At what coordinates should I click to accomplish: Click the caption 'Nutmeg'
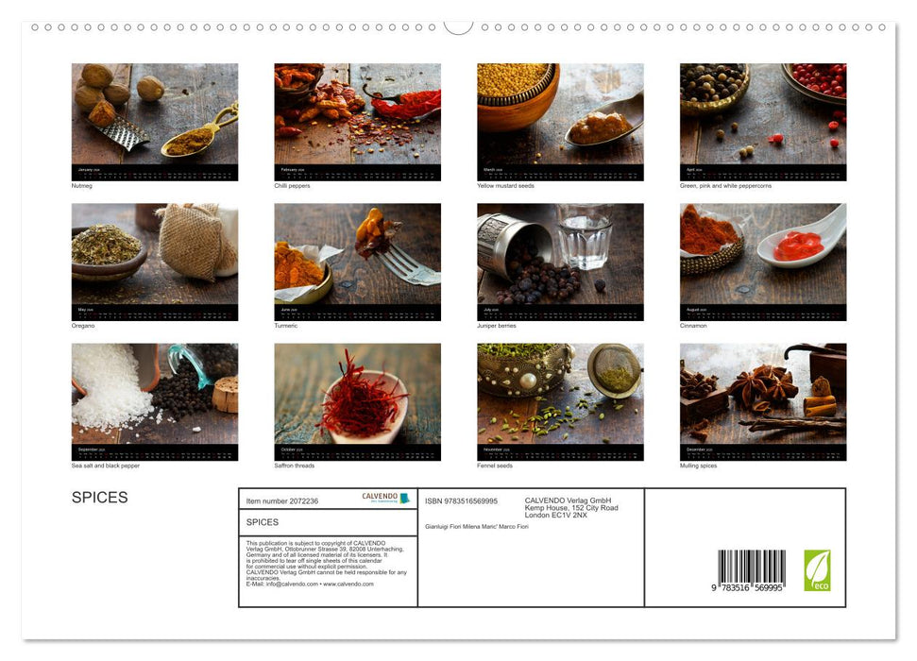(x=82, y=186)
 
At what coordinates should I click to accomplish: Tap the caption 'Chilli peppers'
(x=292, y=186)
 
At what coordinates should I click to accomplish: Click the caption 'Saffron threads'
(x=295, y=466)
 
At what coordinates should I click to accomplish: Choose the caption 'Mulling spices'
(x=700, y=466)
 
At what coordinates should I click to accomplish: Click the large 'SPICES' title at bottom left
(x=99, y=498)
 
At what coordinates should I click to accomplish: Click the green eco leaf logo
(x=817, y=570)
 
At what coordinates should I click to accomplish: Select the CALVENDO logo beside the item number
(x=385, y=498)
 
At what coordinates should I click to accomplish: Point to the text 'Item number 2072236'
(x=282, y=501)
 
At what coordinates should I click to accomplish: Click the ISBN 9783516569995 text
(x=461, y=501)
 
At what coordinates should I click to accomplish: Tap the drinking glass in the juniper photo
(x=585, y=236)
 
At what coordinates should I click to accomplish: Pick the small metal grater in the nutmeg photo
(x=121, y=133)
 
